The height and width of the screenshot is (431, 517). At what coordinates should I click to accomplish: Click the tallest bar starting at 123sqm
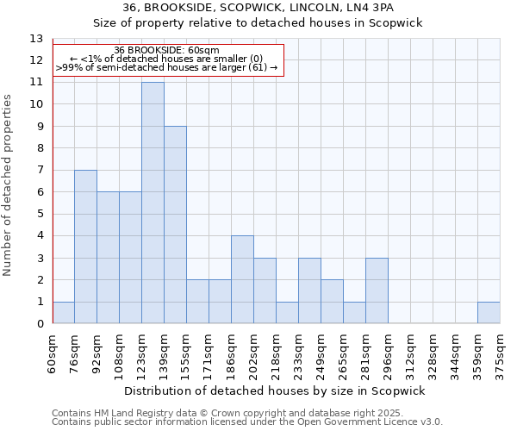pyautogui.click(x=153, y=203)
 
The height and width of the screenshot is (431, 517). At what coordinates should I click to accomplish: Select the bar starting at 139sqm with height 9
pyautogui.click(x=175, y=225)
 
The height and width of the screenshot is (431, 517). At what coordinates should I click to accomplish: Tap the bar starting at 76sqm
pyautogui.click(x=85, y=247)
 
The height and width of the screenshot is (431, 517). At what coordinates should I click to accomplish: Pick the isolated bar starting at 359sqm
pyautogui.click(x=489, y=313)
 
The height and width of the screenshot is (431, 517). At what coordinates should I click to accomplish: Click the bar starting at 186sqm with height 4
pyautogui.click(x=242, y=279)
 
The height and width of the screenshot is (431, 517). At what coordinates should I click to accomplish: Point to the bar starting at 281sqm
pyautogui.click(x=377, y=290)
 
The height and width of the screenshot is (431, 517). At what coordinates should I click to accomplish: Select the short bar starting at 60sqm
pyautogui.click(x=63, y=313)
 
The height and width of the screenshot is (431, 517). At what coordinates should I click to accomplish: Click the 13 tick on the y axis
pyautogui.click(x=35, y=39)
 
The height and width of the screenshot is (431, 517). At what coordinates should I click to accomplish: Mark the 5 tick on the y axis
pyautogui.click(x=39, y=214)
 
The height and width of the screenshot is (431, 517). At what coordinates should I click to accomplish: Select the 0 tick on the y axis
pyautogui.click(x=39, y=324)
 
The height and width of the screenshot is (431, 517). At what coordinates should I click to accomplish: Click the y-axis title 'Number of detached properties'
pyautogui.click(x=9, y=185)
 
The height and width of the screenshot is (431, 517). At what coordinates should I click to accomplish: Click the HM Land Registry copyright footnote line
pyautogui.click(x=246, y=413)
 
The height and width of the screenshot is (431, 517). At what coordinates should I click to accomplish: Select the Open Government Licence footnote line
pyautogui.click(x=247, y=422)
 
